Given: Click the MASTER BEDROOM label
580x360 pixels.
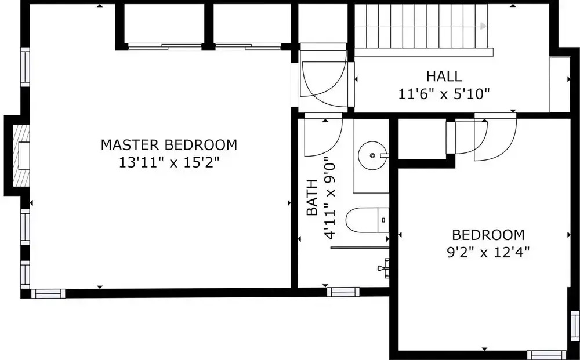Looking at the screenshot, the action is [x=169, y=144].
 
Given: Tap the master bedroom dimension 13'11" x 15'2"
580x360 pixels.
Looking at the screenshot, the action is [x=169, y=162].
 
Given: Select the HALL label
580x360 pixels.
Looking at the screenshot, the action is [x=444, y=77].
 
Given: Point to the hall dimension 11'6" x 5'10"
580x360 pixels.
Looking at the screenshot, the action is [x=444, y=94].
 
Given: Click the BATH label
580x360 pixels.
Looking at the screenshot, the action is [x=312, y=197].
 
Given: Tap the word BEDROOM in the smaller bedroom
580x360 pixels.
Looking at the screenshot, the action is [x=488, y=235].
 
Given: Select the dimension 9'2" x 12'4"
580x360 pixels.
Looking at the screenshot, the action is [x=488, y=252].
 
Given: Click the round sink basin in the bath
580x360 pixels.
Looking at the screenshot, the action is [x=372, y=155].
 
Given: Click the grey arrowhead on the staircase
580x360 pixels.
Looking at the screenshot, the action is [x=484, y=26].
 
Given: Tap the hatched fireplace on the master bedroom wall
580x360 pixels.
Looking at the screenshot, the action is [x=21, y=155].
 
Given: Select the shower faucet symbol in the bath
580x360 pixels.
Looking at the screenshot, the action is [x=384, y=268].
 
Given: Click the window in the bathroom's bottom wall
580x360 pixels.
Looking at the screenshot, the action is [x=343, y=292].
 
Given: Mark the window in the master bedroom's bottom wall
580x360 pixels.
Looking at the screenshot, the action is [x=48, y=293].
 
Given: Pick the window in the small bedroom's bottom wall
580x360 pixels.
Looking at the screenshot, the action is [x=546, y=354].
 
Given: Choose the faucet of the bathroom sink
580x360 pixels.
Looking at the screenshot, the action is [x=385, y=155].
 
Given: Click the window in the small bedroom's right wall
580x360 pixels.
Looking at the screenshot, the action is [x=575, y=326].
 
